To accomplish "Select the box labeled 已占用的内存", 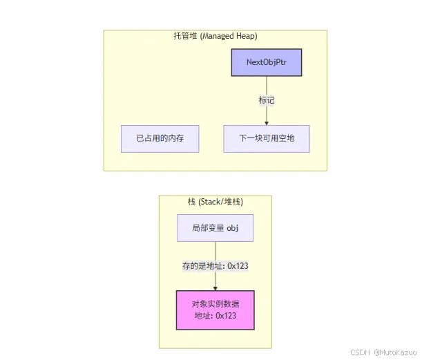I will click(x=160, y=138).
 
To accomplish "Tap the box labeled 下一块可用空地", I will click(x=267, y=138).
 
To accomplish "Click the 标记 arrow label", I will click(x=267, y=101).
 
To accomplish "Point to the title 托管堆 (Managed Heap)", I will click(x=215, y=36).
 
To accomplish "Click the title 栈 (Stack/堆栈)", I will click(x=215, y=202).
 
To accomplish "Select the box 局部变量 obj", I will click(x=215, y=228).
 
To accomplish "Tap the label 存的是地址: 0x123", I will click(x=215, y=266).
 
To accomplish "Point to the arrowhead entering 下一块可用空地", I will click(x=267, y=122).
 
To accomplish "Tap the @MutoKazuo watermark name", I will click(x=396, y=352).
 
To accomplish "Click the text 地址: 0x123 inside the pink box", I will click(x=215, y=315).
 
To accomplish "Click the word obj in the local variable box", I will click(x=231, y=228).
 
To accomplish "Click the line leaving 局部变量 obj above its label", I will click(x=215, y=250).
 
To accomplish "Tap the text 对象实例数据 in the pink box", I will click(x=215, y=303).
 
